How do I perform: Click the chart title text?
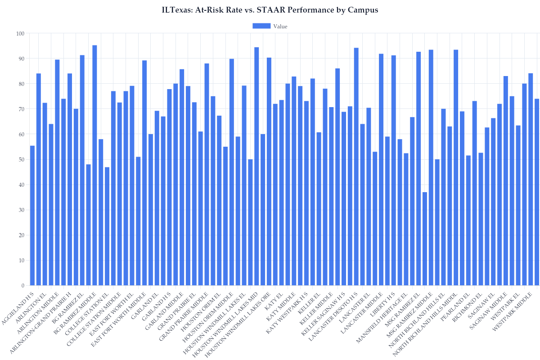(x=270, y=10)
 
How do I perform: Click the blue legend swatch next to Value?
(x=261, y=26)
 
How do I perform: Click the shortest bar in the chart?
(x=425, y=238)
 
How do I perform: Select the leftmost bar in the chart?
(x=32, y=216)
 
